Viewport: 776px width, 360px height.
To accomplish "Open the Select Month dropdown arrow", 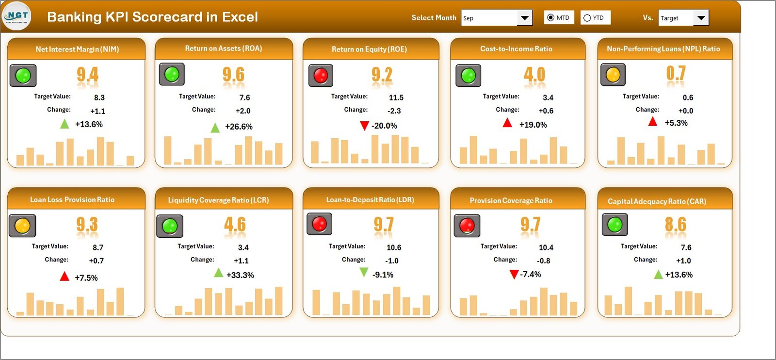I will point(524,18).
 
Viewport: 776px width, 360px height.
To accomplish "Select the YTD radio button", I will point(587,18).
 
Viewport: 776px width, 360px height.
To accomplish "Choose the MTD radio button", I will point(550,18).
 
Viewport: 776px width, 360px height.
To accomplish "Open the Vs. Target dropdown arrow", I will point(701,18).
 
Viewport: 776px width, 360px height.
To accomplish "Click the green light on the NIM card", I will point(23,76).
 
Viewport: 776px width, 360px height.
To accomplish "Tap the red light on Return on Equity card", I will point(321,75).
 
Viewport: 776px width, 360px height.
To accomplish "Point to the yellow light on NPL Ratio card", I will point(613,75).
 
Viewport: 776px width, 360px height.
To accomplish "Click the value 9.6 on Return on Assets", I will point(233,75).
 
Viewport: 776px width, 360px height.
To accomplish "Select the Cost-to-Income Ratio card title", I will point(516,49).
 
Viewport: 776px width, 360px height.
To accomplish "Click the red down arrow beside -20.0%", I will point(364,126).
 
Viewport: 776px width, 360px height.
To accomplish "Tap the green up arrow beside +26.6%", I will point(215,128).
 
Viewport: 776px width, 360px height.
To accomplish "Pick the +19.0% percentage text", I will point(533,125).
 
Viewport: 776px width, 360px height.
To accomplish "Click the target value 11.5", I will point(396,98).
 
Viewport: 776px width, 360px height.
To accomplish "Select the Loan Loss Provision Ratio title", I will point(72,200).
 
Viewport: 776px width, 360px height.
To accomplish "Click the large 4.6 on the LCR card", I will point(235,225).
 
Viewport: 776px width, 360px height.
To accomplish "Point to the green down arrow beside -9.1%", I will point(363,273).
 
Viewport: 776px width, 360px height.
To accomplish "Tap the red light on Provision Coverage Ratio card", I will point(467,226).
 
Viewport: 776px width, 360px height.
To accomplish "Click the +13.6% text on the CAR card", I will point(679,275).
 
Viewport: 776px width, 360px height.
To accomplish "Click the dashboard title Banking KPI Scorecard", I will point(152,17).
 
